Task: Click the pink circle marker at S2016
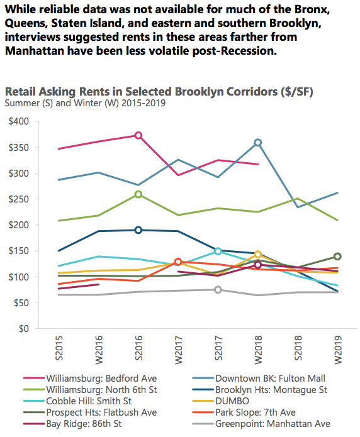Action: point(138,136)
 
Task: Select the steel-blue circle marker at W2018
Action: point(258,143)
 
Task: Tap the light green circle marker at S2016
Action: point(138,194)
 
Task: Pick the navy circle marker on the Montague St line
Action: point(138,230)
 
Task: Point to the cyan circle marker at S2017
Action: point(218,252)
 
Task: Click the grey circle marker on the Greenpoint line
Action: point(218,290)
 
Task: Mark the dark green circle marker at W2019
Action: point(337,257)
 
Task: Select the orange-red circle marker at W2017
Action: point(178,262)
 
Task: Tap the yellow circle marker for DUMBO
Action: point(258,255)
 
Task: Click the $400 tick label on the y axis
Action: point(19,121)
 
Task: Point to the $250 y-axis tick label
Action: point(19,199)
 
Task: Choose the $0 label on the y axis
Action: point(24,329)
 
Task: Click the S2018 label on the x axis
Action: point(298,348)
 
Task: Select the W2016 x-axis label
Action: point(99,350)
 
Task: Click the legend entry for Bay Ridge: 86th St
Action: point(72,424)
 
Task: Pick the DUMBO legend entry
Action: point(221,401)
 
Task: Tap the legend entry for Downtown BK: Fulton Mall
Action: point(259,379)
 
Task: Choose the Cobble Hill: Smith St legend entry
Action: point(77,401)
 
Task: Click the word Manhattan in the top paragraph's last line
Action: point(35,51)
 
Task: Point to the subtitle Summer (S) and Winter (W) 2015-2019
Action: point(85,103)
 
